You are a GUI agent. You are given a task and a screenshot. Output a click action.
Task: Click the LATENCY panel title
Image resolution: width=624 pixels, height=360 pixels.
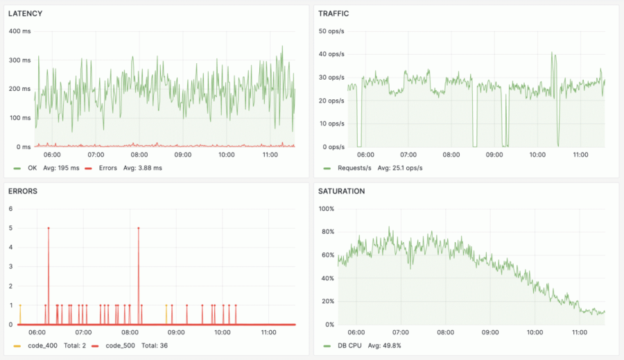pyautogui.click(x=25, y=14)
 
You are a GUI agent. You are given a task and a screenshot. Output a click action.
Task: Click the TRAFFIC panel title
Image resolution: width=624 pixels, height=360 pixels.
pyautogui.click(x=333, y=14)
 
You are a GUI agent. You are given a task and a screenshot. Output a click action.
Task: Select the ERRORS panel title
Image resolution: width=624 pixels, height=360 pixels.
pyautogui.click(x=23, y=191)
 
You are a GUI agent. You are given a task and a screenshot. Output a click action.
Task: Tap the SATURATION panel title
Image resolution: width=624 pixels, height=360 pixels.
pyautogui.click(x=342, y=191)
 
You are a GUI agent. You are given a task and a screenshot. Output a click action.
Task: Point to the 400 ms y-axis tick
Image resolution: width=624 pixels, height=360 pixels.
pyautogui.click(x=19, y=31)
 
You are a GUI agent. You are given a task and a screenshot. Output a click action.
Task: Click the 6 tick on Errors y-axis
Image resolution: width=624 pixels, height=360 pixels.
pyautogui.click(x=10, y=209)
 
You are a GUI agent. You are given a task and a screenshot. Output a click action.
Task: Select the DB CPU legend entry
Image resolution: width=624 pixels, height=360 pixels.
pyautogui.click(x=349, y=345)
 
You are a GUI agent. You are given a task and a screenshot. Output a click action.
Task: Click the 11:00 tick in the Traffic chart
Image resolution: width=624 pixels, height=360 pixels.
pyautogui.click(x=580, y=155)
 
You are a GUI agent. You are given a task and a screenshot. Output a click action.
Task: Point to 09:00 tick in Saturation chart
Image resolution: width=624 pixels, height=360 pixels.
pyautogui.click(x=490, y=333)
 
